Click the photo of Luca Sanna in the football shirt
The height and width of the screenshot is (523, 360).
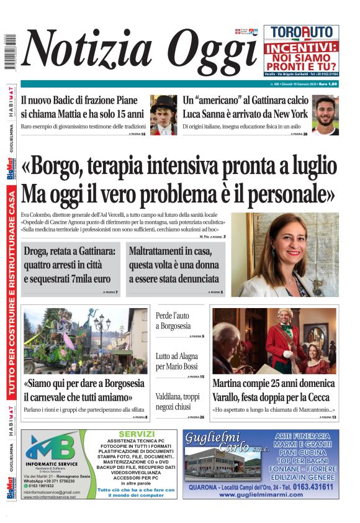(325, 115)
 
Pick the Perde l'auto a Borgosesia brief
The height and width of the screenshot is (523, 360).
(173, 321)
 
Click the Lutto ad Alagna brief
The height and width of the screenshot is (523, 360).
(177, 361)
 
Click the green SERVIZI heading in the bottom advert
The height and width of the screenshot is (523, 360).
(132, 433)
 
